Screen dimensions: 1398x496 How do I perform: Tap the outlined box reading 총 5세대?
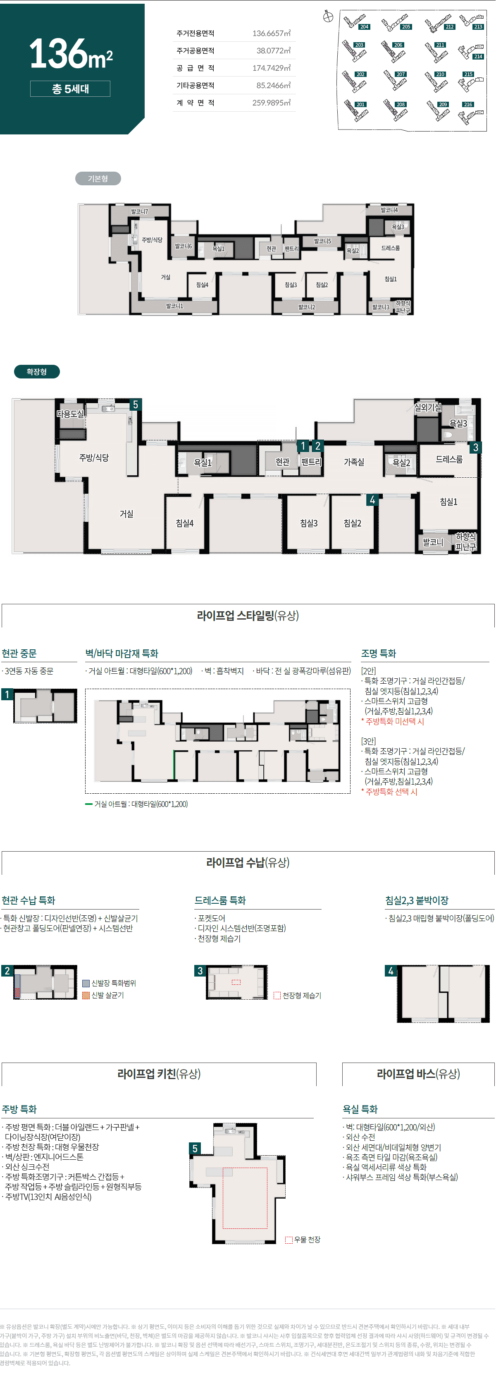pos(70,89)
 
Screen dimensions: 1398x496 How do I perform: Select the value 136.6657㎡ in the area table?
pos(271,34)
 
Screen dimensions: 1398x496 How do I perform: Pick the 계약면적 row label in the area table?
pos(195,103)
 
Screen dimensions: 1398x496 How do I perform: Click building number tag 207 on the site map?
pos(401,74)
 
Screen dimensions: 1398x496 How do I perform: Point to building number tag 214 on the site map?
pos(477,56)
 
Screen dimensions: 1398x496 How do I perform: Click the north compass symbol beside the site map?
pos(328,17)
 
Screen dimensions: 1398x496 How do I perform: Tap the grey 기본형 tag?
pos(98,179)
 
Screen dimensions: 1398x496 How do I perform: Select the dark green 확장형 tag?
pos(37,372)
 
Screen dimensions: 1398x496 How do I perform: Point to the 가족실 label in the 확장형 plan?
pos(354,462)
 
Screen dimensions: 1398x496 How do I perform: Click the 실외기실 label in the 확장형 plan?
pos(428,407)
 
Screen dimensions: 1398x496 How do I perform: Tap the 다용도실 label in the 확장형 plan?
pos(70,414)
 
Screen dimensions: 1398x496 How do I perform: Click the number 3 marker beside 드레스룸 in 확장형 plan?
pos(475,447)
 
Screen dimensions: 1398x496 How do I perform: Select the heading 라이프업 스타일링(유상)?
pos(248,615)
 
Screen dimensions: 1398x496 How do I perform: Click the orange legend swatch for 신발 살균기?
pos(86,995)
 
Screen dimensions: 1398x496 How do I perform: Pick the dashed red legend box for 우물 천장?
pos(289,1240)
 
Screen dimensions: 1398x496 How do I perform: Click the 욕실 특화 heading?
pos(360,1109)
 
